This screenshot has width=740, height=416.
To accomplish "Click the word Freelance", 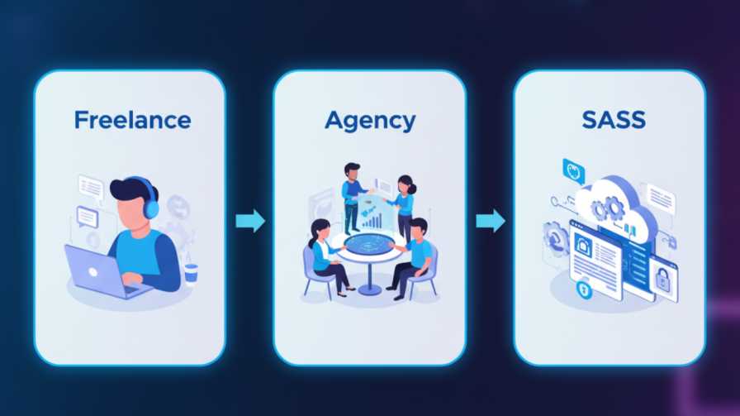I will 132,120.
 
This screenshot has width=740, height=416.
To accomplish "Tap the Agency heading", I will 369,120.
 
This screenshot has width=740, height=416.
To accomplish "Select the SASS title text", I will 613,120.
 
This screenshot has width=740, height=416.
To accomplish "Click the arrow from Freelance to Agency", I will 249,221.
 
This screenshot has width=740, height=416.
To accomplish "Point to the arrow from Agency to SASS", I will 490,221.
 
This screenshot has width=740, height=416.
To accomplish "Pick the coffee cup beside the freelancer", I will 191,273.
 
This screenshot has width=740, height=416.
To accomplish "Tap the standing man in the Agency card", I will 353,195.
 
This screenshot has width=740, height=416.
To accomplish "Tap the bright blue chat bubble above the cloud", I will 573,171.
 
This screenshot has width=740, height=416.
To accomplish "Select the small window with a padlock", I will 662,278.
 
